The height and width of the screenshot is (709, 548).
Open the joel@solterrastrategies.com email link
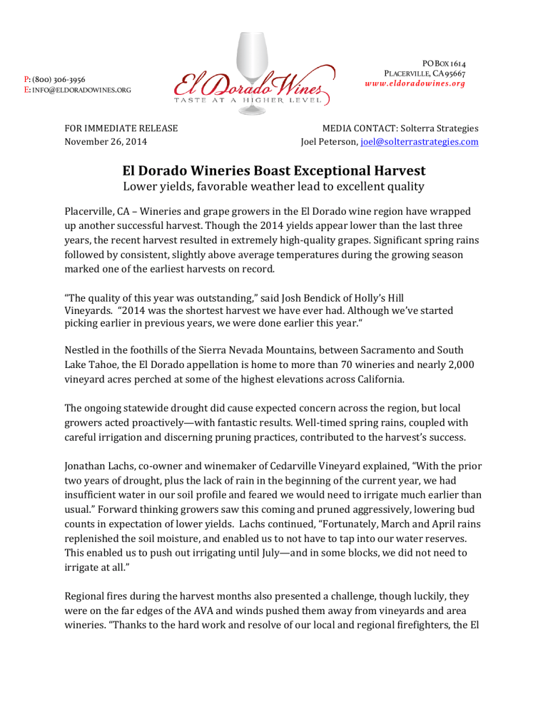pos(420,142)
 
